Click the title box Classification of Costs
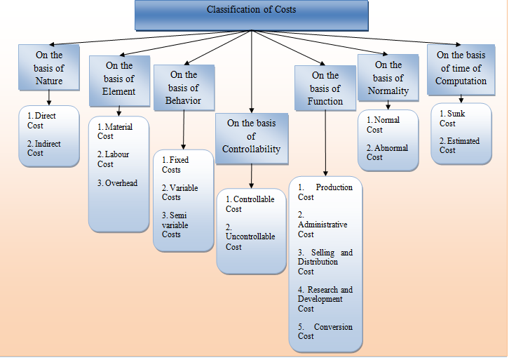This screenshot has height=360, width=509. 251,15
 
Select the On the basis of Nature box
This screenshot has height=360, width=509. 49,68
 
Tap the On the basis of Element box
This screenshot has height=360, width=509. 118,79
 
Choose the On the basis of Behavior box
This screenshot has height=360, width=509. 184,88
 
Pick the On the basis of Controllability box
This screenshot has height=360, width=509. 251,136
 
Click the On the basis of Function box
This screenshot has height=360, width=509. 325,88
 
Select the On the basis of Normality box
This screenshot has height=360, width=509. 388,79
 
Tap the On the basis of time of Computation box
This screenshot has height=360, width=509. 461,69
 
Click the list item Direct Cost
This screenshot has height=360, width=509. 44,121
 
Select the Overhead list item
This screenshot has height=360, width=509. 117,183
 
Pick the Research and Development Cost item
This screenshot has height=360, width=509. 325,299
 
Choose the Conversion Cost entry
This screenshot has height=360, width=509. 325,331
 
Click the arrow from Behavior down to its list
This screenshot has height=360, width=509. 184,130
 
